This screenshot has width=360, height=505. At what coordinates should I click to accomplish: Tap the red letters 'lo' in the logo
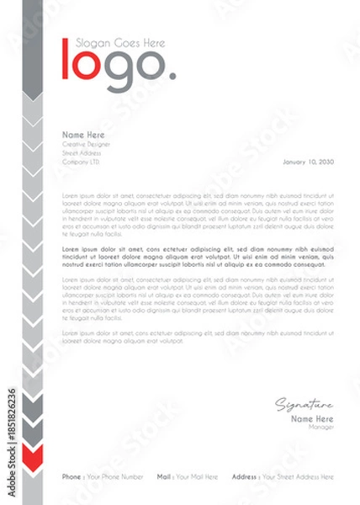pos(81,65)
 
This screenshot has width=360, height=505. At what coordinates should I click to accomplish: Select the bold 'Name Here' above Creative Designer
pos(83,135)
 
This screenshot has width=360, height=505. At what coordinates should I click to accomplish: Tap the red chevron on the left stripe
pos(32,459)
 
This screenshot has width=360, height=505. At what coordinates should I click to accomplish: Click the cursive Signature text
pos(304,405)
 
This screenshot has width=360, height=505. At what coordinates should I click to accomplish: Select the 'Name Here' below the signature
pos(312,418)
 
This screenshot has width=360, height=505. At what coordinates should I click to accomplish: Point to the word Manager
pos(322,427)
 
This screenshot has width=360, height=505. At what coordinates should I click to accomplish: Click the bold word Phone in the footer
pos(71,476)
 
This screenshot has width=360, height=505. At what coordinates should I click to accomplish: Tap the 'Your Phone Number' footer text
pos(116,476)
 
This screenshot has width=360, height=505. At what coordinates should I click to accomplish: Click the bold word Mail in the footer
pos(164,476)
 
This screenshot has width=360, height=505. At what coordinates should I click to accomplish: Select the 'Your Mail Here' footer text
pos(199,476)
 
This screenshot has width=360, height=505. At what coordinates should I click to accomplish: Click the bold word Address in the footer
pos(244,476)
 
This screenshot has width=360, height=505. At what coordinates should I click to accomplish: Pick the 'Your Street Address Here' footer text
pos(298,476)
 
